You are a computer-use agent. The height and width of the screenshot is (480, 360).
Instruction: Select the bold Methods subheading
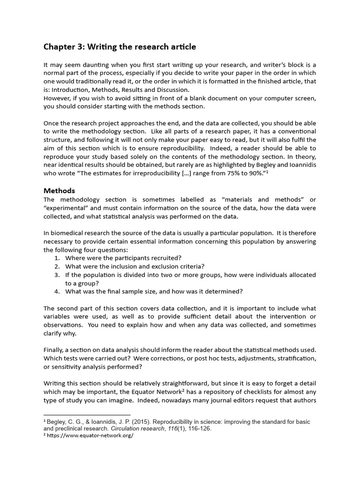pyautogui.click(x=59, y=191)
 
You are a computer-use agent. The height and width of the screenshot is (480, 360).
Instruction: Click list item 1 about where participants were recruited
pyautogui.click(x=123, y=258)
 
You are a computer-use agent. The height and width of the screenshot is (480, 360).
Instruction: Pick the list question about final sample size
pyautogui.click(x=154, y=292)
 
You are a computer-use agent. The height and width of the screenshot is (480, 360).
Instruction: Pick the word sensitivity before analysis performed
pyautogui.click(x=65, y=367)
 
